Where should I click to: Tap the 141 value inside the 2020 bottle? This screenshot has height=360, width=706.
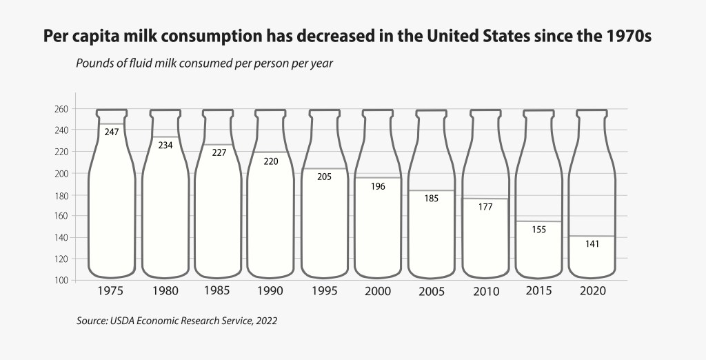click(592, 243)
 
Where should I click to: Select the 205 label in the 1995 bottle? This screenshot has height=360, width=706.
click(324, 177)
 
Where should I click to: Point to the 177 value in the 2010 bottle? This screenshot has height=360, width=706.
click(485, 207)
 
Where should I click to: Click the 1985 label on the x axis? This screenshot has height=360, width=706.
click(217, 290)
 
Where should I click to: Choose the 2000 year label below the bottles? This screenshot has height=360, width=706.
click(378, 291)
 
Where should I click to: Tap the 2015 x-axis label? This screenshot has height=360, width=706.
click(538, 290)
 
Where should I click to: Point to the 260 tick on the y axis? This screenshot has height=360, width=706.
click(59, 109)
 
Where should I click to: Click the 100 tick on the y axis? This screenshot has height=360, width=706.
click(59, 280)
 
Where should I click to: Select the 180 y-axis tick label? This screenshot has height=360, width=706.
click(59, 195)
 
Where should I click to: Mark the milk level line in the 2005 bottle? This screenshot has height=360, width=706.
click(432, 190)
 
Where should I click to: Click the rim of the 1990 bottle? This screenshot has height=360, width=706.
click(271, 110)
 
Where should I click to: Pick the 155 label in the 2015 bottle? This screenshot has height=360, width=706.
click(538, 230)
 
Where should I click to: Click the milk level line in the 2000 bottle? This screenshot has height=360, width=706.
click(378, 178)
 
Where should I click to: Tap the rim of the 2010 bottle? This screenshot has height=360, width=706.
click(485, 110)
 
